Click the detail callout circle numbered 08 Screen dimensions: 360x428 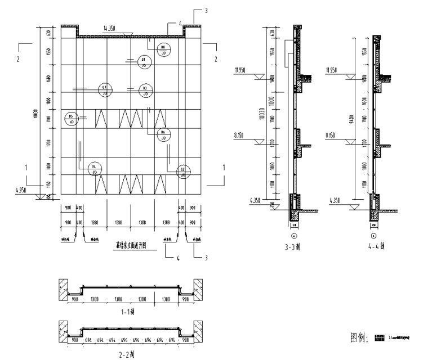[163, 49]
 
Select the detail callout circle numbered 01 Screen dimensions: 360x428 [144, 62]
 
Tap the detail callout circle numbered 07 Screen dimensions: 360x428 [104, 89]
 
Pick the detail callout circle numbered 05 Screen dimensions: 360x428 [72, 118]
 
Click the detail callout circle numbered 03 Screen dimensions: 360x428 [145, 89]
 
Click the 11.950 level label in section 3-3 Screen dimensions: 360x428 [240, 70]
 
